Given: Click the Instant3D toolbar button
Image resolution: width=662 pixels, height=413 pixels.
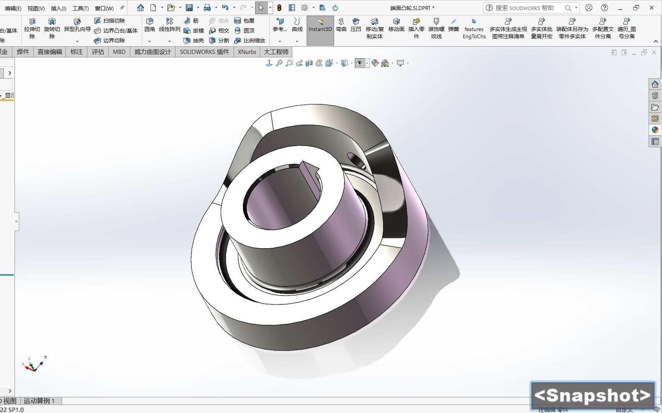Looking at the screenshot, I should point(320,29).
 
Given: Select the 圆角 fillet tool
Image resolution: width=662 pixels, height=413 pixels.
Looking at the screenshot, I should point(150,25).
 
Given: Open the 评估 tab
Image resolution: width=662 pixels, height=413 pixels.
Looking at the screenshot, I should point(98,52).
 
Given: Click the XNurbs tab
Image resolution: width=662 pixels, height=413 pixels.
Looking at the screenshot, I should point(247,52).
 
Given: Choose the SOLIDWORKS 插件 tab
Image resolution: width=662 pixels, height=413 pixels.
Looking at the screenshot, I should point(204,52).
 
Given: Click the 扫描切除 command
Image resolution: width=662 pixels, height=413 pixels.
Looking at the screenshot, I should point(110,21).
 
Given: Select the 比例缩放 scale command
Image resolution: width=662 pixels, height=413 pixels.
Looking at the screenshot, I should point(250,41).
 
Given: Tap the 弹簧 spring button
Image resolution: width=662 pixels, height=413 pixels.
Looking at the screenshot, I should point(453,25).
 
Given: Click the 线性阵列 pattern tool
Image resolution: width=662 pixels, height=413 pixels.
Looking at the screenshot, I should point(169,25).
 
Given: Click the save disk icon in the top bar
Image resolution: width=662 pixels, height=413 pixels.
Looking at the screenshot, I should point(189,8).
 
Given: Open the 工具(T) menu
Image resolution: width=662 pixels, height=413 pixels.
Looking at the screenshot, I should point(80,8).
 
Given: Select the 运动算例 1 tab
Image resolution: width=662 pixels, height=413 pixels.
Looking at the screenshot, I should point(39,401).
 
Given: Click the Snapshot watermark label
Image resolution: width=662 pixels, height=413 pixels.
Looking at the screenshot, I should point(592,395).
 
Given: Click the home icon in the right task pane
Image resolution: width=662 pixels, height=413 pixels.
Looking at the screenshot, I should point(655,84).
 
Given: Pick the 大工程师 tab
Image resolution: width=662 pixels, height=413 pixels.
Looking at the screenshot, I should point(276,52).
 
